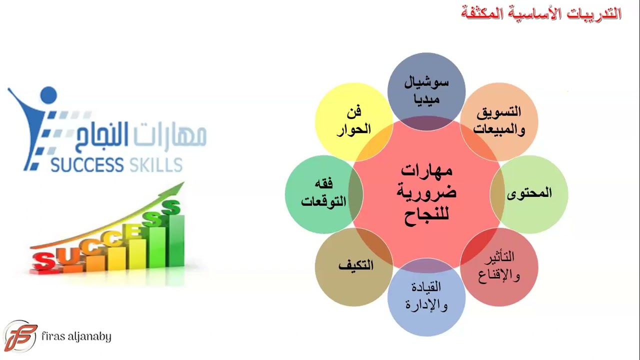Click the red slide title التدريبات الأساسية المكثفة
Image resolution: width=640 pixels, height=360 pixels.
(541, 14)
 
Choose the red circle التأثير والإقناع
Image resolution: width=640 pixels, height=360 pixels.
(499, 267)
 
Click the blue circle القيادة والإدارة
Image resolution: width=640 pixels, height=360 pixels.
(426, 296)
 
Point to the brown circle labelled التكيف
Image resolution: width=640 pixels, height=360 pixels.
(354, 266)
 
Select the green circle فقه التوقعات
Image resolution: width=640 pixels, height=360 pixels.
(323, 193)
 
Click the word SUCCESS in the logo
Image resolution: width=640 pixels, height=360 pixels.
(87, 164)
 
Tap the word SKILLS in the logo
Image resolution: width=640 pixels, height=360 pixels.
(155, 164)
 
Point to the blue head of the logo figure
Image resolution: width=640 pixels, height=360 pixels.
(48, 95)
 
